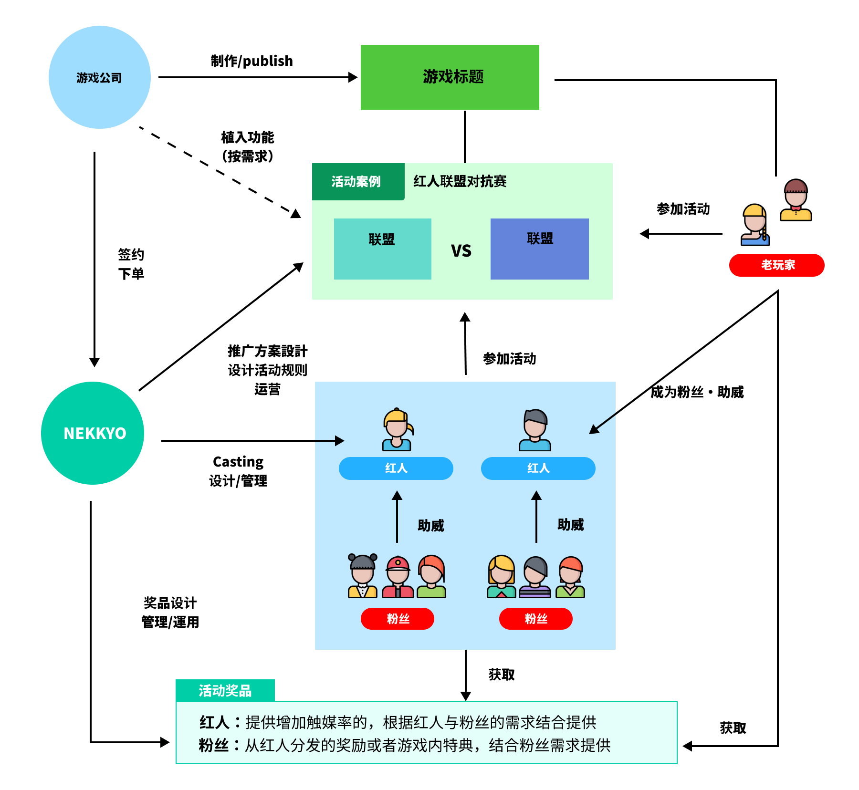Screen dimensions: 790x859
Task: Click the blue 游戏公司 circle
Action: pyautogui.click(x=100, y=77)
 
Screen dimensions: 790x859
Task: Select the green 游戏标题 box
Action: pyautogui.click(x=450, y=77)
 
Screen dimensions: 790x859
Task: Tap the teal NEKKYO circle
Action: pyautogui.click(x=93, y=433)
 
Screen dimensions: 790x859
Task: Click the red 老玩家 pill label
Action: pyautogui.click(x=776, y=265)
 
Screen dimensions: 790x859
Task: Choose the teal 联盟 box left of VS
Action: pyautogui.click(x=382, y=249)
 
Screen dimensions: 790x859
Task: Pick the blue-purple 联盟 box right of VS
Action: pyautogui.click(x=539, y=249)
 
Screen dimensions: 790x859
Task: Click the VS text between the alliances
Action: pyautogui.click(x=461, y=251)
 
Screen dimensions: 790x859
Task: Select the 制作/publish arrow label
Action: pyautogui.click(x=251, y=61)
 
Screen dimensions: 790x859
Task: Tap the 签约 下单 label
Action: pyautogui.click(x=131, y=264)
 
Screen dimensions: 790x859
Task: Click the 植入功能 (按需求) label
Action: pyautogui.click(x=247, y=146)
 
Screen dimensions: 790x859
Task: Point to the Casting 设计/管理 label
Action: pyautogui.click(x=238, y=471)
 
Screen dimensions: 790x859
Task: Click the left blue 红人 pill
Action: pyautogui.click(x=396, y=468)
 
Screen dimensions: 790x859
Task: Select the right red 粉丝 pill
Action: pyautogui.click(x=535, y=619)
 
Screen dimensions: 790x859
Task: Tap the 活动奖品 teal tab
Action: pyautogui.click(x=225, y=690)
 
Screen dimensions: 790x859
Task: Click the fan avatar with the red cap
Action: pyautogui.click(x=398, y=576)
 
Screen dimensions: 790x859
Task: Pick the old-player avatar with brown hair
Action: pyautogui.click(x=796, y=200)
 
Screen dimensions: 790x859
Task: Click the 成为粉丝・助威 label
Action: pyautogui.click(x=697, y=392)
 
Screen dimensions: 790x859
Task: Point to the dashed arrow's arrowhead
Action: pyautogui.click(x=296, y=214)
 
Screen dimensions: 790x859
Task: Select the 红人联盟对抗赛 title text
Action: pyautogui.click(x=460, y=181)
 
